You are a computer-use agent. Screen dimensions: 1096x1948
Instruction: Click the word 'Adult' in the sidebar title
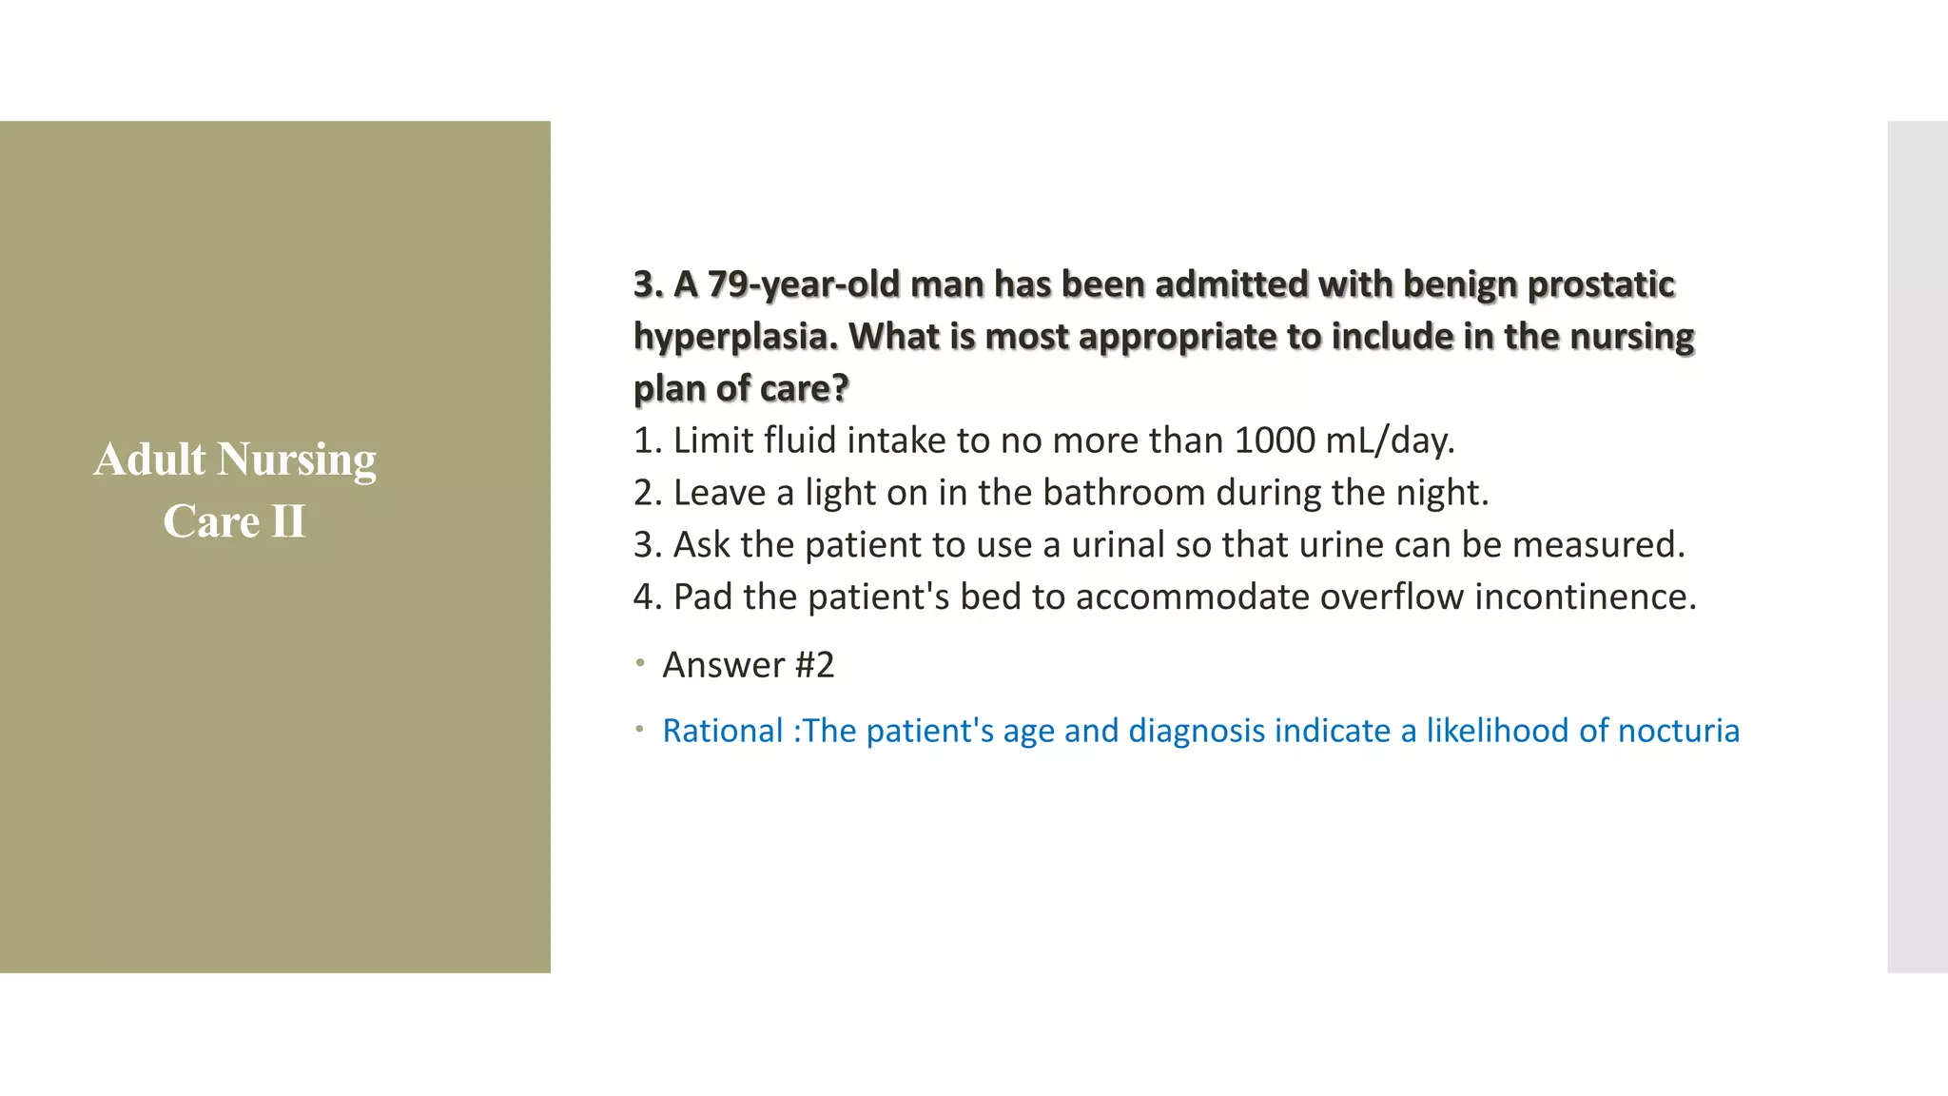pos(149,460)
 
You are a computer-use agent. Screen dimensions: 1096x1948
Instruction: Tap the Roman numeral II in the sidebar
pos(288,521)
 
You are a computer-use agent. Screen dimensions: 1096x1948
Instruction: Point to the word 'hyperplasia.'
pos(735,337)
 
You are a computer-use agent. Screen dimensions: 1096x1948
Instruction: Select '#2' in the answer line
pos(814,665)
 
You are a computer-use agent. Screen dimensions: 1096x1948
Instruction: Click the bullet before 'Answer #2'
pos(641,663)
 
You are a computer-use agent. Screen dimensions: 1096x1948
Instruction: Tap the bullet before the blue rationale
pos(641,730)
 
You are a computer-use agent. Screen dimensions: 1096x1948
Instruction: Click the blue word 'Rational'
pos(722,731)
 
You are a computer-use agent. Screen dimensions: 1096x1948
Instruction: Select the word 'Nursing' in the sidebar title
pos(297,460)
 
